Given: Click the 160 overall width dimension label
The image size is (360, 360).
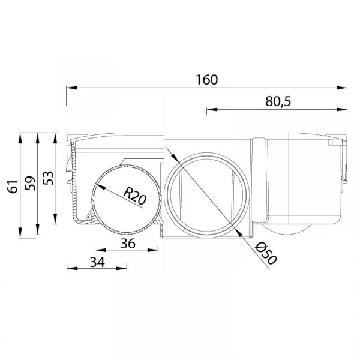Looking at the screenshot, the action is [x=206, y=80].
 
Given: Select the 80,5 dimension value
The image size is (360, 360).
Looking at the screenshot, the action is [x=278, y=101].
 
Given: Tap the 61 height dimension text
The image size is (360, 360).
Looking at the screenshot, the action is [x=13, y=187].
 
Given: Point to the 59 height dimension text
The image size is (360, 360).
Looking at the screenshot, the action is [x=31, y=183].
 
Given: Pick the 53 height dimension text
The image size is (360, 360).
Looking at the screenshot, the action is [x=48, y=178].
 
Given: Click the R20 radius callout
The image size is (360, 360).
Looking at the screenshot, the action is [x=135, y=196].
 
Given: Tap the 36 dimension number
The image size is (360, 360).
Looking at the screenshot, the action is [x=128, y=244].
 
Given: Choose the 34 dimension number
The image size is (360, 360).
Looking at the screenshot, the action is [x=97, y=262].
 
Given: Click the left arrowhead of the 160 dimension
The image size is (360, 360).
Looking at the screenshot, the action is [x=71, y=88].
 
